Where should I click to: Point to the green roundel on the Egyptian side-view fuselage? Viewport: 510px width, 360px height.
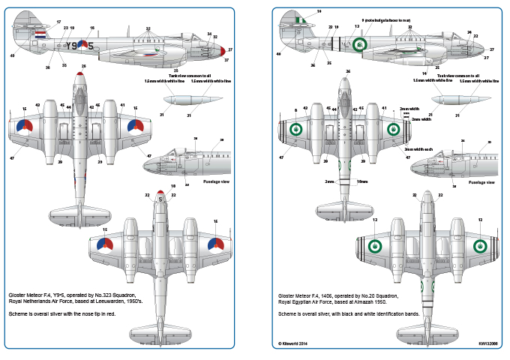360,45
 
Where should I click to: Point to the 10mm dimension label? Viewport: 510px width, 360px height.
363,182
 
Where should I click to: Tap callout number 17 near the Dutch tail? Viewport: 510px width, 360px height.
58,22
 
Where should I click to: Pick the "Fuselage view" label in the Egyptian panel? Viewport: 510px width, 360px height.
480,182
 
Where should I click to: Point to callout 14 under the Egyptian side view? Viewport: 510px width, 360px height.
424,73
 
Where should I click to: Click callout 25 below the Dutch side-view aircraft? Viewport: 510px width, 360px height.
175,70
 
